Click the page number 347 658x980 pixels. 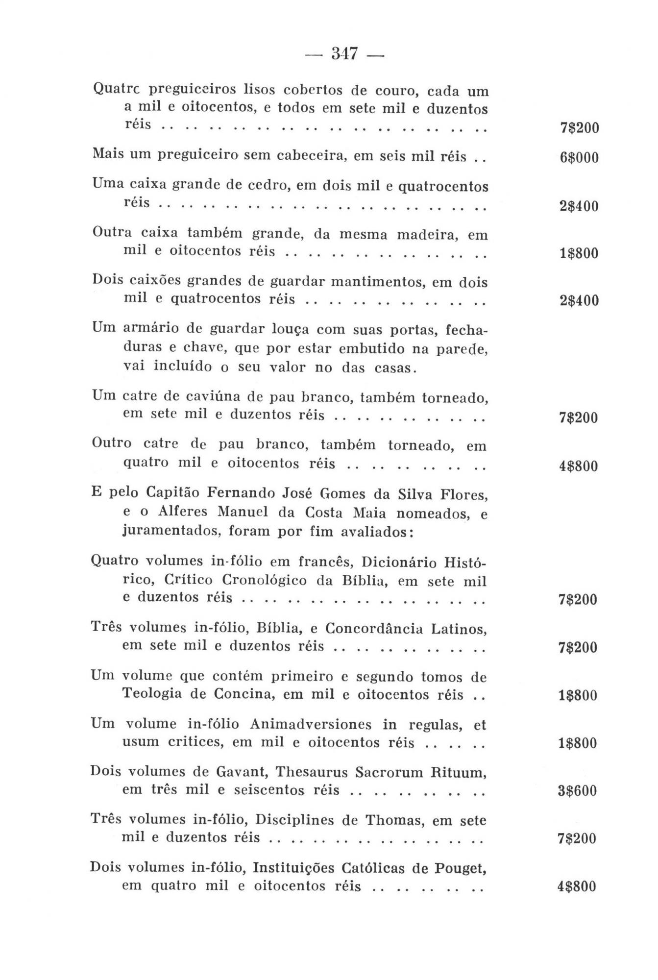click(x=344, y=53)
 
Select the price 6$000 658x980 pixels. click(x=579, y=158)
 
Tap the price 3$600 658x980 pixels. click(x=578, y=791)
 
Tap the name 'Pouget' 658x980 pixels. click(x=460, y=868)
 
